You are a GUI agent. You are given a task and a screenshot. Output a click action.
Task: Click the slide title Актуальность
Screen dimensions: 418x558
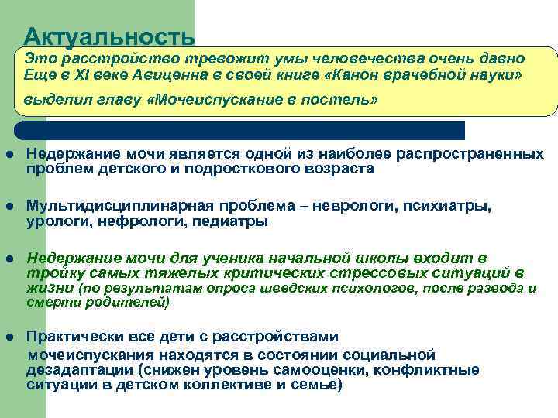pos(108,36)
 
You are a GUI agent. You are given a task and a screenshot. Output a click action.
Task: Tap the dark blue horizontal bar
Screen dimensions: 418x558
pos(240,129)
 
